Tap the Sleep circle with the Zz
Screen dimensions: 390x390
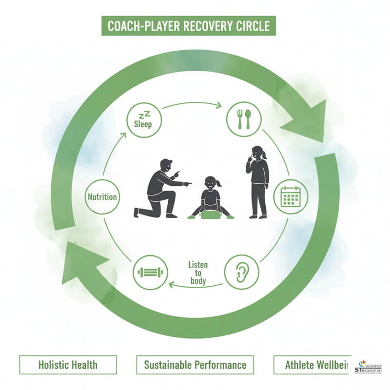pos(143,119)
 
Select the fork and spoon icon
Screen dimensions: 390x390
pos(244,119)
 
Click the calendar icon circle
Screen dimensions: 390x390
pos(291,196)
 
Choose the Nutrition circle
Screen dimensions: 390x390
pos(102,197)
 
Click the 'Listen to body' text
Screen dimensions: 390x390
pos(197,273)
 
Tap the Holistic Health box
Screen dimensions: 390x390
pos(68,364)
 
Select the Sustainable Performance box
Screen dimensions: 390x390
pos(195,364)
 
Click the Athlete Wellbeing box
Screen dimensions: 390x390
pos(312,364)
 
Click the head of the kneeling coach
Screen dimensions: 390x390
pos(166,167)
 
